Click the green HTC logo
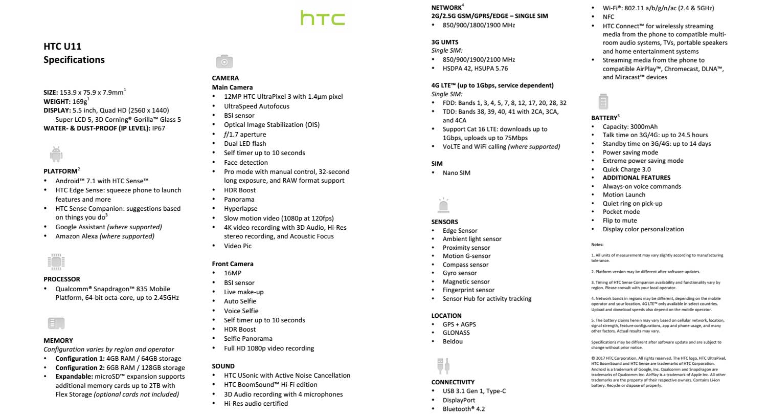(323, 18)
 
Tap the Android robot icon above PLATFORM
(56, 154)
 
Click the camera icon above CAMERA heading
(224, 61)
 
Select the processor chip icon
(56, 262)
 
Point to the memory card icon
(56, 323)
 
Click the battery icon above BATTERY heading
(603, 101)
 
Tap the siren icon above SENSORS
(443, 205)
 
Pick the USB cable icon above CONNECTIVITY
(443, 366)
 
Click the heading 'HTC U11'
(62, 46)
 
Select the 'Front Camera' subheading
(233, 264)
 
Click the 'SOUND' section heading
(223, 366)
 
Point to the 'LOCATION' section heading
(446, 316)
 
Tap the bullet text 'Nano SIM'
(457, 173)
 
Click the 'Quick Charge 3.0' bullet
(627, 169)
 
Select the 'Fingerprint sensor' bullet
(468, 290)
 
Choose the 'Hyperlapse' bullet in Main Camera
(241, 209)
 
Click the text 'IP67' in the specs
(159, 128)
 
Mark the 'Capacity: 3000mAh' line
(630, 127)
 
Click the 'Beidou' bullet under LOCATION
(453, 341)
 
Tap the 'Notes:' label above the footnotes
(597, 245)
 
